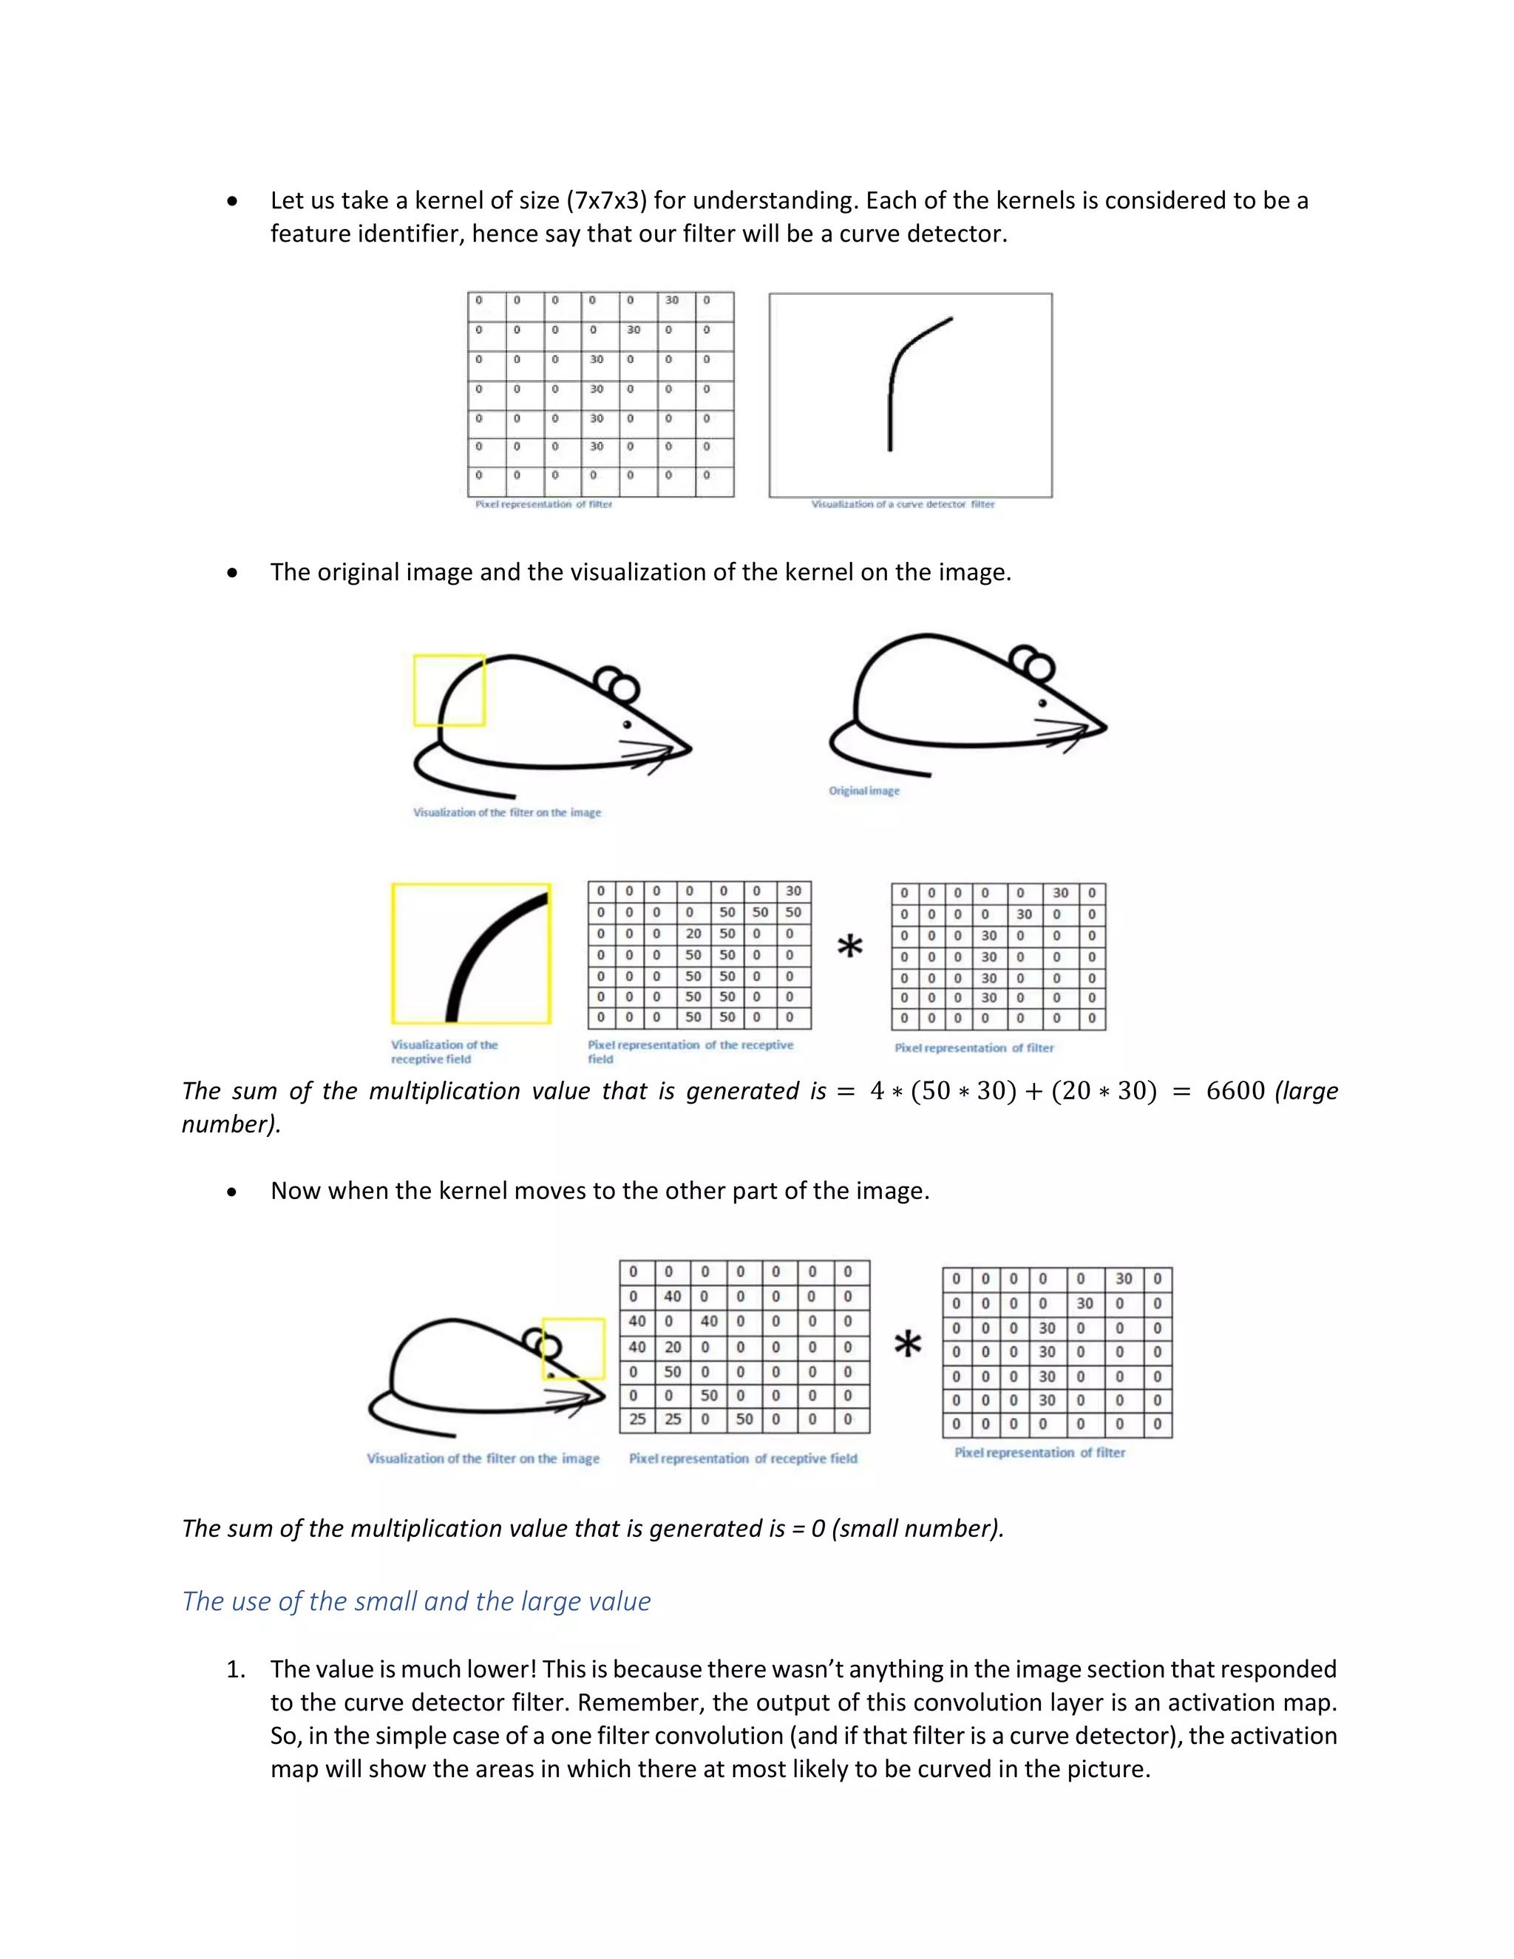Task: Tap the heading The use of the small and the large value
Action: click(416, 1601)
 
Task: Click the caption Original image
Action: click(863, 791)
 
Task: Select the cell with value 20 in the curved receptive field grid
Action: click(693, 934)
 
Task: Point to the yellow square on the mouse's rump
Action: click(449, 690)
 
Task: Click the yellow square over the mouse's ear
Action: click(574, 1348)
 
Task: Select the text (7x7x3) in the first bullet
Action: click(606, 200)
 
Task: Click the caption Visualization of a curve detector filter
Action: click(903, 504)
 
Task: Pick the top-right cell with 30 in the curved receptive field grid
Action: click(793, 892)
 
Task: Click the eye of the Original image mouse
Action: click(1042, 703)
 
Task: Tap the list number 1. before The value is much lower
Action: click(235, 1669)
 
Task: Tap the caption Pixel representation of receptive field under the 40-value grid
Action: click(743, 1459)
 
